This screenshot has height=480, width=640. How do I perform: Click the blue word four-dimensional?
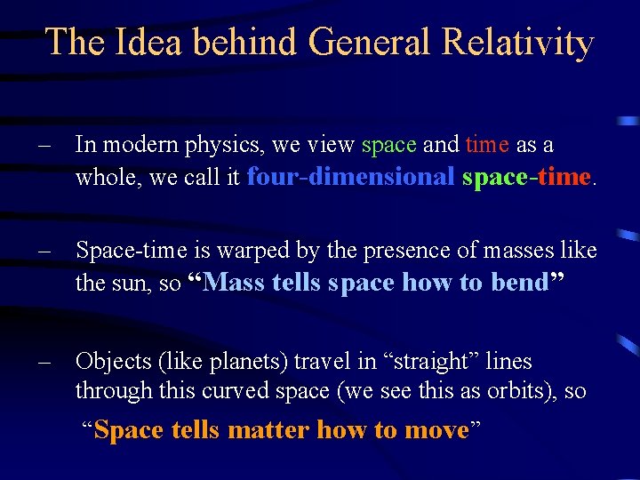(x=351, y=176)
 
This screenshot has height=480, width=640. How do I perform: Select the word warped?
(x=260, y=251)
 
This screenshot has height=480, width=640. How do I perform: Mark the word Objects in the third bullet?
(x=110, y=361)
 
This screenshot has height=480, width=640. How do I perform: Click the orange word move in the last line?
(x=436, y=430)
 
